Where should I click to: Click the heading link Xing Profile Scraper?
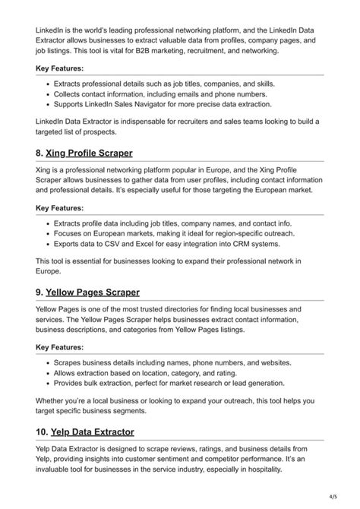click(89, 153)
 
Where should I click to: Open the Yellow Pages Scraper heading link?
click(93, 292)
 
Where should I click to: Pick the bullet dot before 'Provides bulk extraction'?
click(48, 384)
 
